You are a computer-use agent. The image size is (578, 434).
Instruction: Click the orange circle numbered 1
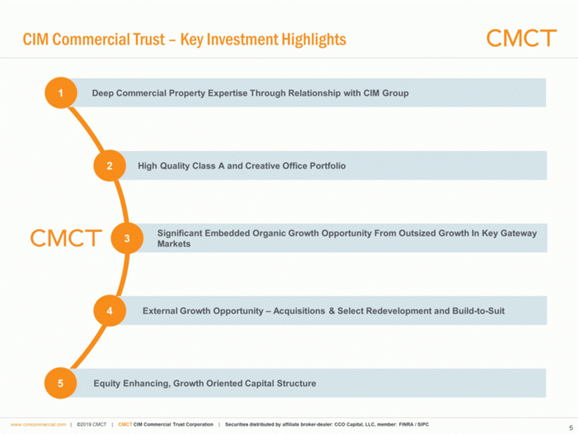click(61, 93)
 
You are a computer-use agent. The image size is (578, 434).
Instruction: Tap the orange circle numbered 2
click(110, 165)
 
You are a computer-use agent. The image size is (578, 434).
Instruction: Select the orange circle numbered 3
click(127, 238)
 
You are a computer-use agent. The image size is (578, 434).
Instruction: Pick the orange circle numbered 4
click(110, 311)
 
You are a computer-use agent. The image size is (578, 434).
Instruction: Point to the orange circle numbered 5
click(60, 383)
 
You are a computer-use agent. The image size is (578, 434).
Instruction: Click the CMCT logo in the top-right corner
click(521, 38)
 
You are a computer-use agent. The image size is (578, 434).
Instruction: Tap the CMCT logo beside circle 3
click(66, 238)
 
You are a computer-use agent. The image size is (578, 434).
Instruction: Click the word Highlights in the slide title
click(314, 40)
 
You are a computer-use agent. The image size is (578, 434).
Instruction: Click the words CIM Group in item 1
click(386, 93)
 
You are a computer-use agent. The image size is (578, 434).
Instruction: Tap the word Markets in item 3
click(174, 244)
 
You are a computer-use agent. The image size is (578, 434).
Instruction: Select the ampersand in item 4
click(332, 311)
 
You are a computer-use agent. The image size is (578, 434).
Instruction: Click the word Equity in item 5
click(107, 384)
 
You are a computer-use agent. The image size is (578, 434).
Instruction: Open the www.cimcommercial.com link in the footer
click(38, 424)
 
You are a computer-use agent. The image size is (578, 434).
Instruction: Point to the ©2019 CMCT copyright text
click(92, 424)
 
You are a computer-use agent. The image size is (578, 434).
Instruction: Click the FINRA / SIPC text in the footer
click(414, 424)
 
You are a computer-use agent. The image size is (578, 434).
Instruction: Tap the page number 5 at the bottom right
click(571, 428)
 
